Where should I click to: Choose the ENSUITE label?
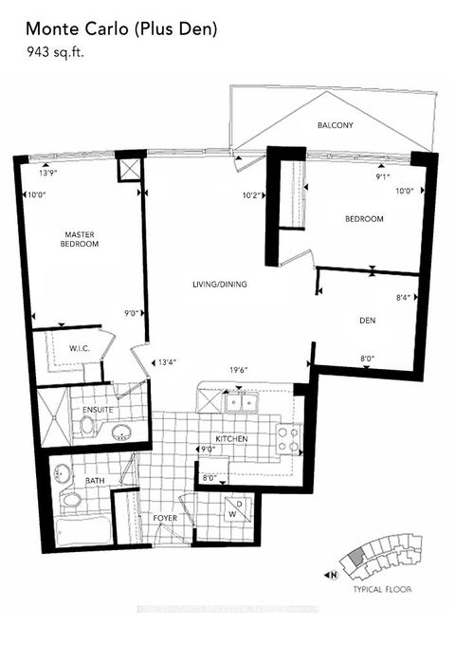99,410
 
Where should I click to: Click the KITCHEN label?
231,439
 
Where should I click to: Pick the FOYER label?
166,518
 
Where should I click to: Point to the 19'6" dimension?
238,372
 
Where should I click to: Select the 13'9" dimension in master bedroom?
49,174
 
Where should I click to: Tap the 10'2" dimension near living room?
250,196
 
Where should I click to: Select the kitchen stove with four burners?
288,437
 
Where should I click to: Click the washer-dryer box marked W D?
233,511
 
